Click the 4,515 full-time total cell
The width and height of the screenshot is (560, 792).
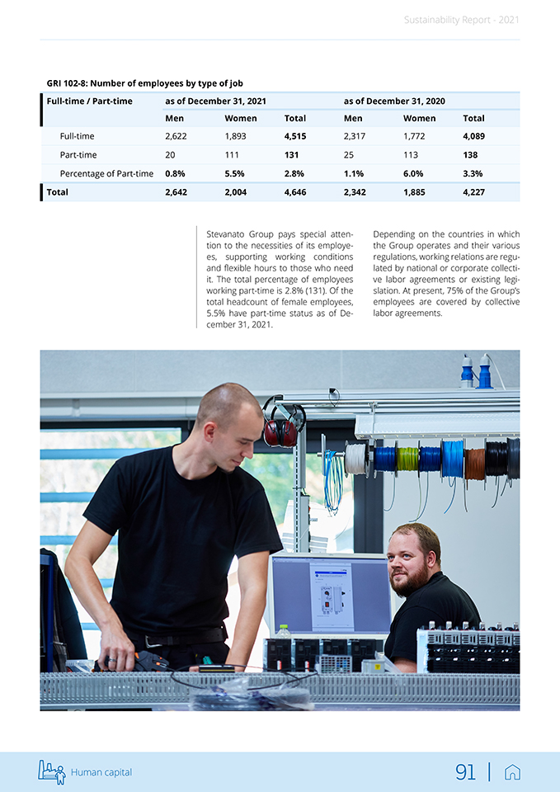coord(295,136)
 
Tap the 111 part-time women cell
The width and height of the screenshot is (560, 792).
coord(232,155)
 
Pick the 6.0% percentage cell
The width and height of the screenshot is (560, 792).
coord(413,174)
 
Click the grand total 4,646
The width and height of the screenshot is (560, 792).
coord(294,192)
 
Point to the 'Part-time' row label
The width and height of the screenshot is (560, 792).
coord(78,155)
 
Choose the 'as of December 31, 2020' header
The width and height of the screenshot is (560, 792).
coord(394,101)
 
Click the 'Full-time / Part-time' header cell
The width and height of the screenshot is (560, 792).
coord(90,101)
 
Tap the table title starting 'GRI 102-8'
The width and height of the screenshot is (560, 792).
coord(145,83)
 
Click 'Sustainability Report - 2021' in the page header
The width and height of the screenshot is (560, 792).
coord(462,20)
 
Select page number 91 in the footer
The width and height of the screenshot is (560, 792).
coord(466,772)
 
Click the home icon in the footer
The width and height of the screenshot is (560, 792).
coord(512,772)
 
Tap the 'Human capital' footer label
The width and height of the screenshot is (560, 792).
coord(101,773)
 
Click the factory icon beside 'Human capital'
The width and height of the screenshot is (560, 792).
coord(51,771)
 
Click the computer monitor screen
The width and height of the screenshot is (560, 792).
coord(330,595)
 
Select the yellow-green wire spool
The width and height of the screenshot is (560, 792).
coord(407,460)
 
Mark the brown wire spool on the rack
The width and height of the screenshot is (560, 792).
coord(474,464)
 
